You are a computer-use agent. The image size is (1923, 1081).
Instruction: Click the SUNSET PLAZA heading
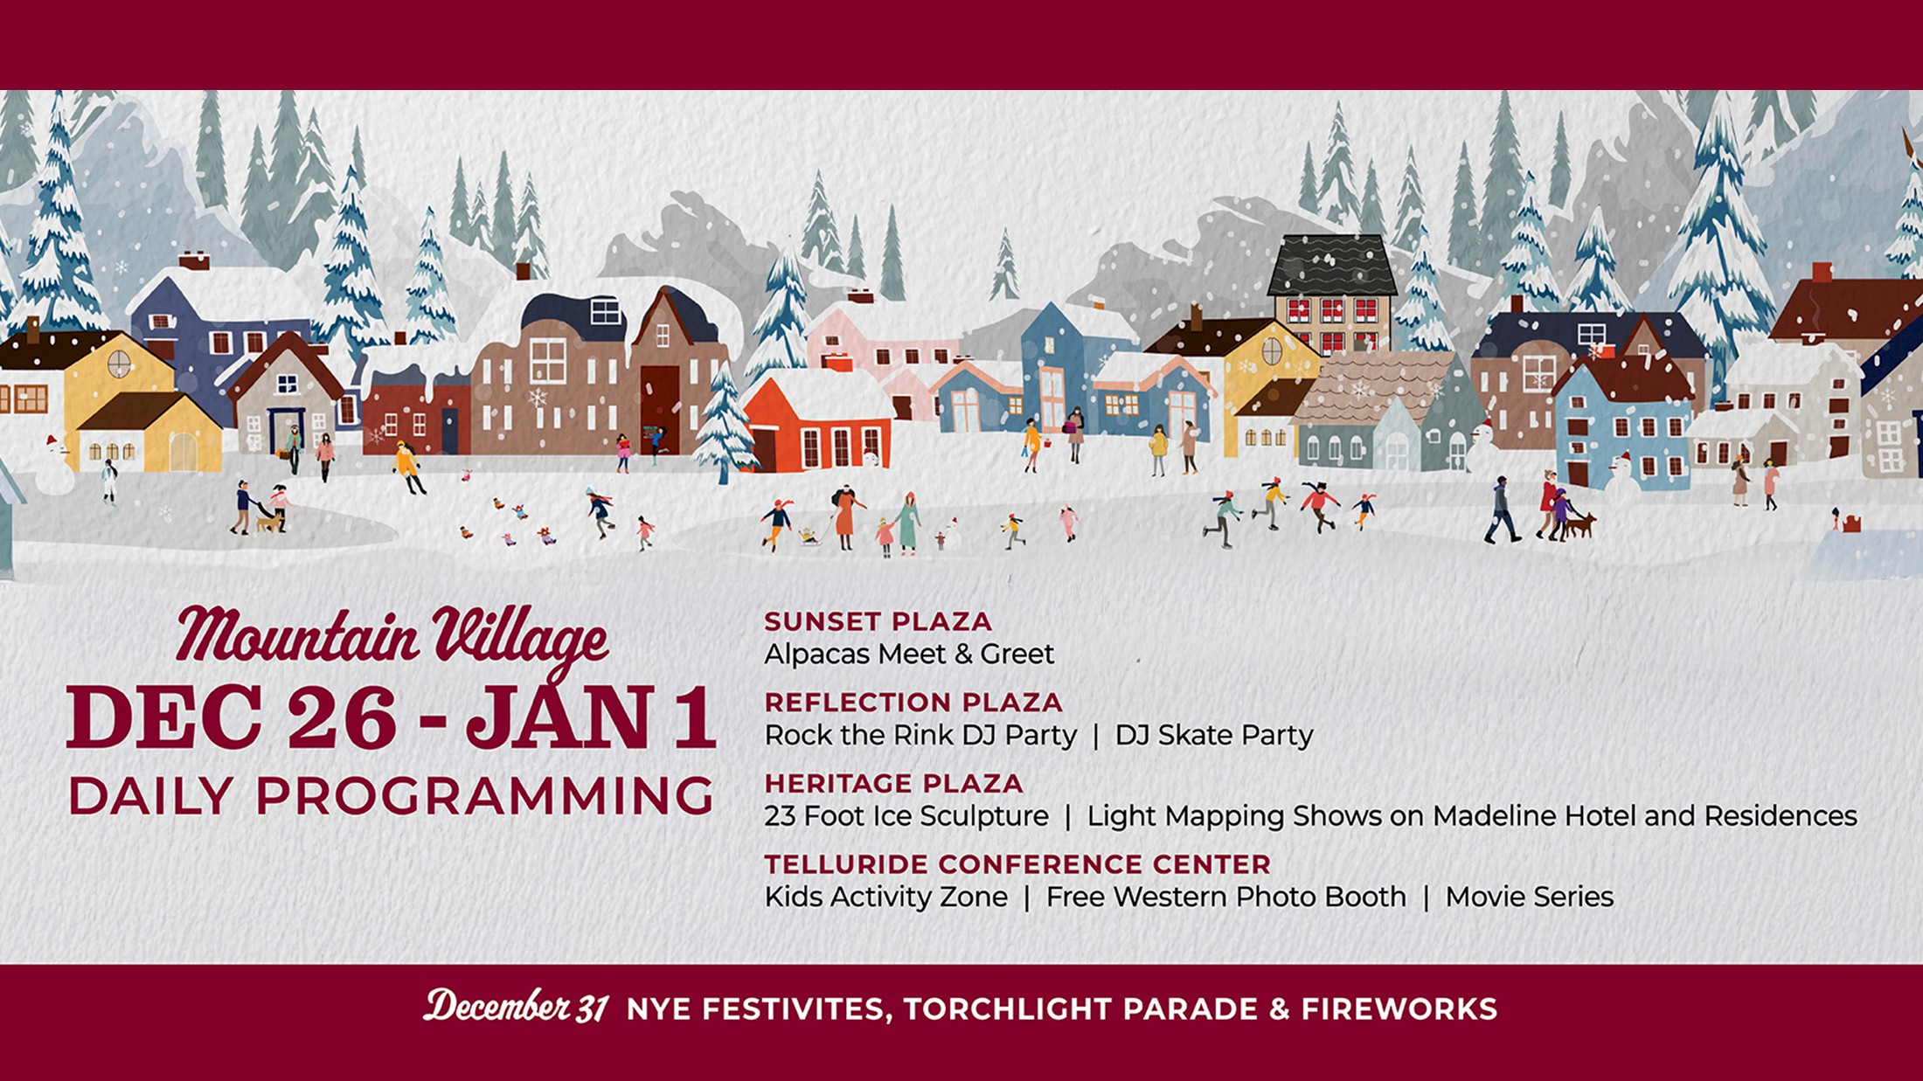click(x=878, y=621)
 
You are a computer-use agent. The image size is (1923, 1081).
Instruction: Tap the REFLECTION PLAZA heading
click(x=913, y=703)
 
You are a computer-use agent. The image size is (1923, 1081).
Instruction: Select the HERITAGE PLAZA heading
click(x=893, y=783)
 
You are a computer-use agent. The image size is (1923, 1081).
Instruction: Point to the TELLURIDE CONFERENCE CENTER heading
click(x=1017, y=864)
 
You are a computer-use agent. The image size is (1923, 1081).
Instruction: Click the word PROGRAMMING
click(x=485, y=795)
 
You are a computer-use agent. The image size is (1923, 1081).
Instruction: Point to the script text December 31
click(x=516, y=1007)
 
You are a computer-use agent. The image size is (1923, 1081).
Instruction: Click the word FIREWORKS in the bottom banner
click(x=1399, y=1009)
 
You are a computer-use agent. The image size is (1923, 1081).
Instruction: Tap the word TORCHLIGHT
click(x=1007, y=1009)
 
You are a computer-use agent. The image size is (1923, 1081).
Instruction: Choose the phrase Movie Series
click(x=1529, y=897)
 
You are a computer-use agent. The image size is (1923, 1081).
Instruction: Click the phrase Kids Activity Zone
click(x=885, y=897)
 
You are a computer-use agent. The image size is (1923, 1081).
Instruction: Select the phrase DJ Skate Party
click(x=1213, y=736)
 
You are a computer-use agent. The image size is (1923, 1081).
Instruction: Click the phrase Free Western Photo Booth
click(x=1225, y=897)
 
